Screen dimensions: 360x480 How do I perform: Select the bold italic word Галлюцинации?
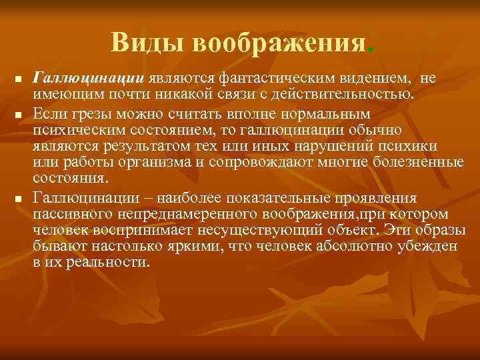pos(90,78)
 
